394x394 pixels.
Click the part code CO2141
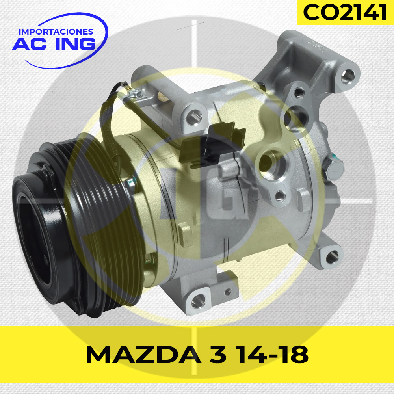tap(344, 12)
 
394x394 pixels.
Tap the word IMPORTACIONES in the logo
tap(56, 32)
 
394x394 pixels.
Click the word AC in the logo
tap(30, 44)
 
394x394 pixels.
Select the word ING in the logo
tap(75, 44)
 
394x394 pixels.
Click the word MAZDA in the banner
tap(143, 354)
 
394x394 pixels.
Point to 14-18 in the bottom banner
tap(273, 354)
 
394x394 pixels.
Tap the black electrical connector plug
tap(212, 145)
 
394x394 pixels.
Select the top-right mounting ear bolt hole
tap(348, 76)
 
